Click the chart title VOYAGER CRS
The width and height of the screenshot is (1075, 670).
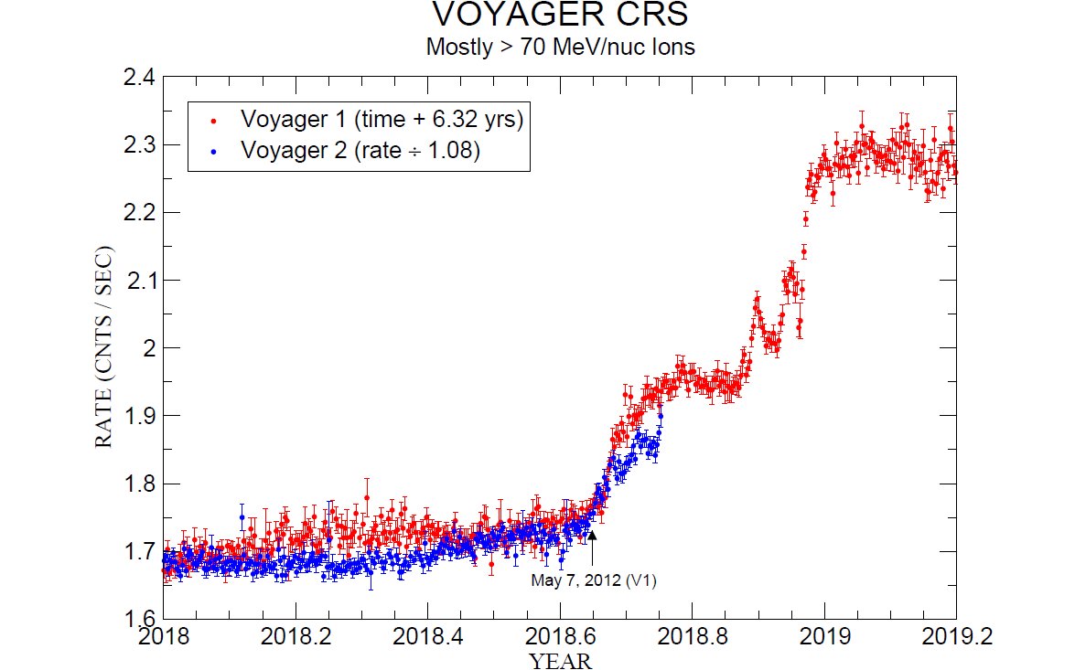(560, 16)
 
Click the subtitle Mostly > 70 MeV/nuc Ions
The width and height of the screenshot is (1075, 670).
(560, 47)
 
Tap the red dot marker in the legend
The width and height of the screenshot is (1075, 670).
(213, 120)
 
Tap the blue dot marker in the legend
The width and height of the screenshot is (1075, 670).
(213, 151)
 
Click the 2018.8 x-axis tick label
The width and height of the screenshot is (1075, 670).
(693, 638)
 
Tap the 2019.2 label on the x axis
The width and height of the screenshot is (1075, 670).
(956, 638)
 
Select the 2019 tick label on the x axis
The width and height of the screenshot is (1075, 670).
(824, 638)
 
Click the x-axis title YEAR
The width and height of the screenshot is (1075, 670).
(560, 660)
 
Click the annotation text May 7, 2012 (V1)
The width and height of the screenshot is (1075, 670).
(595, 580)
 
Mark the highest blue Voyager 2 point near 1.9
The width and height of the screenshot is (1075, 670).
(660, 416)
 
